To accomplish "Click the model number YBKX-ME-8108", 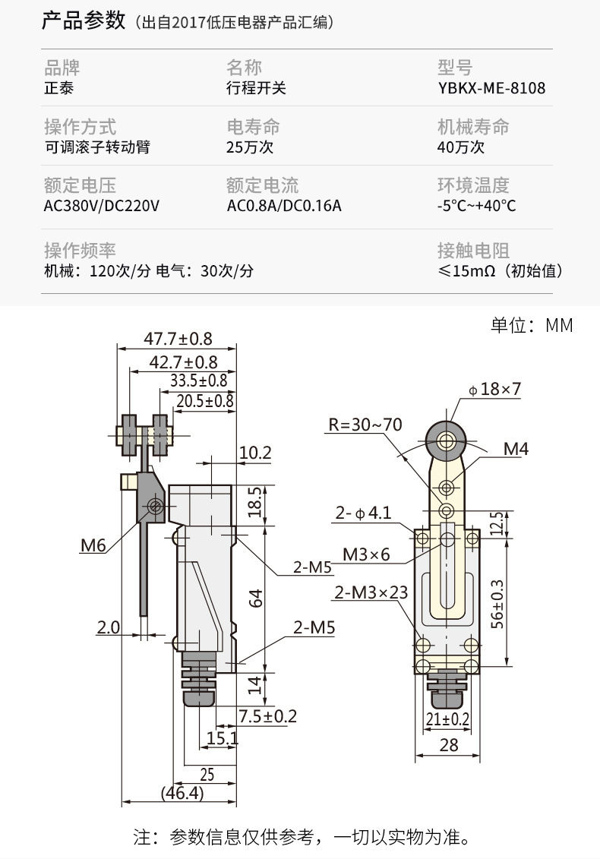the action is coord(491,88).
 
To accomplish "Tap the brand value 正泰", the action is coord(58,88).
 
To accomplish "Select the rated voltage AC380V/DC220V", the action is coord(101,206).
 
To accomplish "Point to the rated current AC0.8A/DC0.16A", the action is coord(284,206).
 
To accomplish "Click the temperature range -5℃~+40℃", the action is coord(476,206).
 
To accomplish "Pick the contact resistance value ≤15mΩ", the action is coord(466,270).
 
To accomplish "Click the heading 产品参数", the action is coord(84,21).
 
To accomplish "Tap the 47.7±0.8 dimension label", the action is coord(178,339).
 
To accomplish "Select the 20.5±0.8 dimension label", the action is coord(205,401).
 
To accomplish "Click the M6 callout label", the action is coord(93,545).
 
